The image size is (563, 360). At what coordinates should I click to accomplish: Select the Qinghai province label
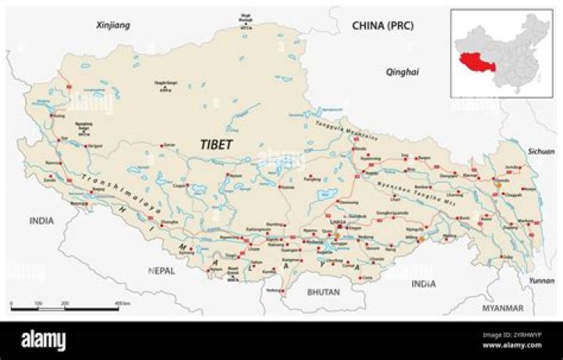(403, 72)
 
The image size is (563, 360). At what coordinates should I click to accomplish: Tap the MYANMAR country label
(503, 308)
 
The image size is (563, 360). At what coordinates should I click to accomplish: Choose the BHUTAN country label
(324, 292)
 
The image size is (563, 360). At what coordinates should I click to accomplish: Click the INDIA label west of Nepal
(41, 221)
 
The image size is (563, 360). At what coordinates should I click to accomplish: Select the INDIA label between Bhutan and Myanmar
(424, 283)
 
